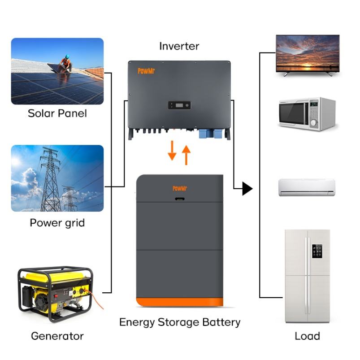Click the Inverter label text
coord(179,46)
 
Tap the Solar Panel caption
coord(57,113)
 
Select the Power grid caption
coord(57,223)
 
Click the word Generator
coord(57,336)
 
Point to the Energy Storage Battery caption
coord(179,322)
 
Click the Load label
coord(307,336)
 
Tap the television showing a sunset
coord(308,55)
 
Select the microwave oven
coord(307,114)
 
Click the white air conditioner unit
coord(307,187)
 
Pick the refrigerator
coord(307,276)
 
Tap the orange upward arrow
coord(186,155)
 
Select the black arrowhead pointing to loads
coord(247,189)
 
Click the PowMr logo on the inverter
coord(146,71)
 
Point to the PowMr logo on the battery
coord(179,188)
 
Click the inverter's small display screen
coord(179,106)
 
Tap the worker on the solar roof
coord(66,64)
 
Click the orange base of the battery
coord(179,302)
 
